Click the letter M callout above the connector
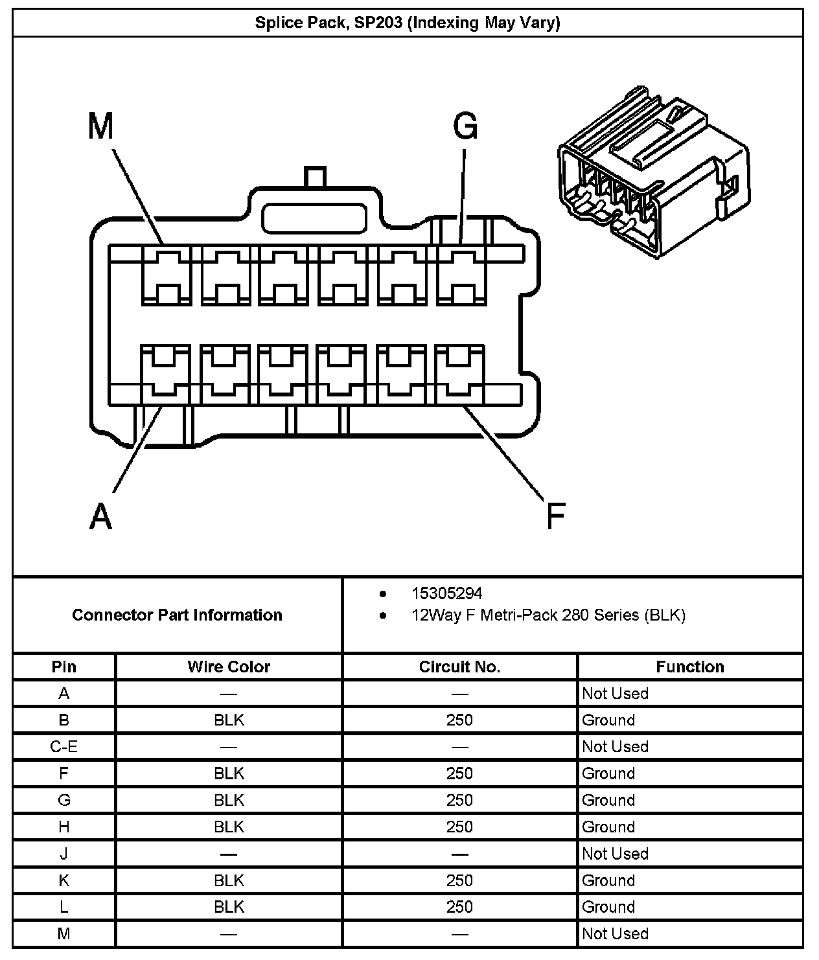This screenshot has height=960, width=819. click(100, 126)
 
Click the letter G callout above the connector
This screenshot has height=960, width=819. click(465, 126)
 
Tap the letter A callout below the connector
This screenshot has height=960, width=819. click(100, 516)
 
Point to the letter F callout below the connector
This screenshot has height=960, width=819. click(555, 516)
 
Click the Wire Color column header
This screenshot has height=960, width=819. click(229, 667)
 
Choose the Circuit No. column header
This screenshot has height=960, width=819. click(459, 667)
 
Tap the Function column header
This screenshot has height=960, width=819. click(689, 667)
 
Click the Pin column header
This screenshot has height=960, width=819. click(63, 667)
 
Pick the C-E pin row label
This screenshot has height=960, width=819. click(63, 747)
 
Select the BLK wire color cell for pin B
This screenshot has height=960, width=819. click(229, 720)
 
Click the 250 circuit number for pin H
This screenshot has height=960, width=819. click(459, 827)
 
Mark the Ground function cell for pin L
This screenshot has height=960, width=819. click(608, 907)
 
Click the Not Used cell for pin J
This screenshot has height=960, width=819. click(615, 854)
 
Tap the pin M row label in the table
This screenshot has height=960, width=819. click(63, 933)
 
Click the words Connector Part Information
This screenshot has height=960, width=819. click(177, 615)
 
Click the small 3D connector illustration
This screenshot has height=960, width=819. click(653, 171)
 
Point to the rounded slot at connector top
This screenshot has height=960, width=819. click(313, 218)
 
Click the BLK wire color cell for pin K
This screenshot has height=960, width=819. click(229, 880)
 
